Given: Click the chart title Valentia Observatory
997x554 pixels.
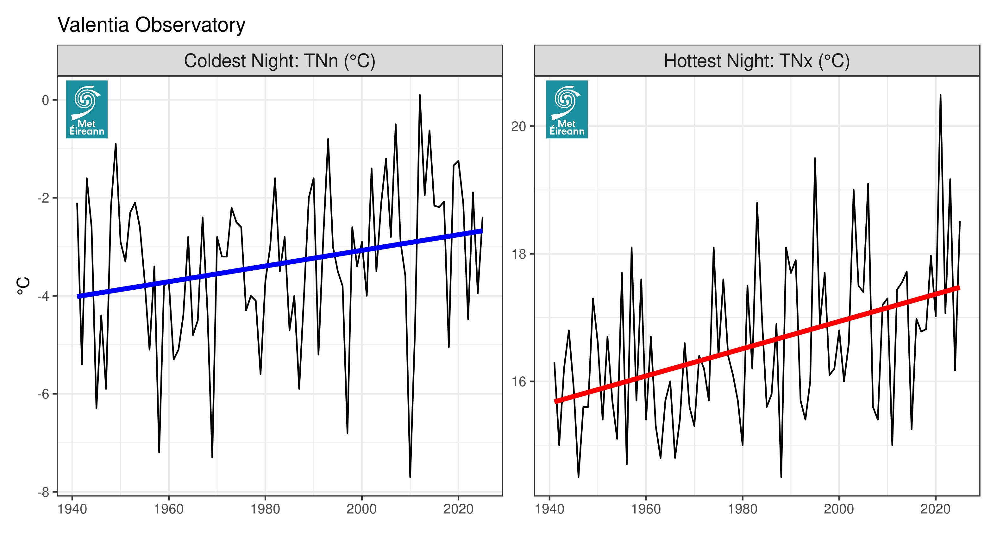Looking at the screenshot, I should tap(151, 25).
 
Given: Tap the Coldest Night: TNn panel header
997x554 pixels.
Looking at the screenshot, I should tap(279, 61).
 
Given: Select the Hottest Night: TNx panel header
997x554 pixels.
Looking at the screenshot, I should tap(757, 61).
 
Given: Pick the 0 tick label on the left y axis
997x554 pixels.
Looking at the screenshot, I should tap(46, 100).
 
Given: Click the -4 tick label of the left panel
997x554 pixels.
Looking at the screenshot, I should tap(44, 296).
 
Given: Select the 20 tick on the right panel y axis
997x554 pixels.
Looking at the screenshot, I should tap(519, 127).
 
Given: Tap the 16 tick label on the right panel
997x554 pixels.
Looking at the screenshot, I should tap(519, 382).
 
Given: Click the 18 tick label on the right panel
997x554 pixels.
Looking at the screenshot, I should tap(519, 254).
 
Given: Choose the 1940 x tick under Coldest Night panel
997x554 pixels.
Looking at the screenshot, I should tap(72, 509).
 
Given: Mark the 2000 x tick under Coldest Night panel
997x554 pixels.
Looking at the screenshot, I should tap(361, 509).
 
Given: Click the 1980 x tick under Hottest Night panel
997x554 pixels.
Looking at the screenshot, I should tap(742, 509).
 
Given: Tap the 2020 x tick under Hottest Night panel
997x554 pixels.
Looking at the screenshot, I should tap(935, 509).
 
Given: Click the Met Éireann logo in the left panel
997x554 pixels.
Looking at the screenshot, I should tap(87, 109).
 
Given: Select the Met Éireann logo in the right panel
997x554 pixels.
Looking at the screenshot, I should tap(567, 109).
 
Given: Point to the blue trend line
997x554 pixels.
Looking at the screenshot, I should tap(279, 264).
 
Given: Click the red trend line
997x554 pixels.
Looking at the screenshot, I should tap(757, 345).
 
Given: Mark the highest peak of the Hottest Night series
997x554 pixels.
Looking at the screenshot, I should tap(940, 95).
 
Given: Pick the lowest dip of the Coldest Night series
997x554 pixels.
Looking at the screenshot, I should tap(410, 476).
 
